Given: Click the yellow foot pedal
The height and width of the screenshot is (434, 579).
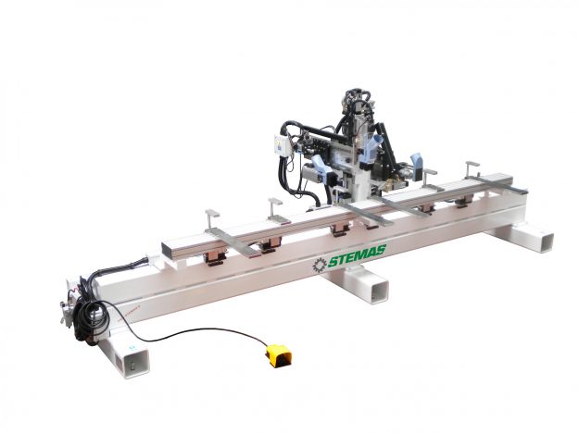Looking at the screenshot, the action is coord(279,355).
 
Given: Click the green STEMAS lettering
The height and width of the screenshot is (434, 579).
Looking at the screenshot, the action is coord(357,256).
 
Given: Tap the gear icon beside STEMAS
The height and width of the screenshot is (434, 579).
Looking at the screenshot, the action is coord(320,266).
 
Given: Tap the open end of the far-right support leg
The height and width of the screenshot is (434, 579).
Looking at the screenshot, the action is coord(544,242).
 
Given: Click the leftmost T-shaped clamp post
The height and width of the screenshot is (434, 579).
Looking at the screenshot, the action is coord(211,219).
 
